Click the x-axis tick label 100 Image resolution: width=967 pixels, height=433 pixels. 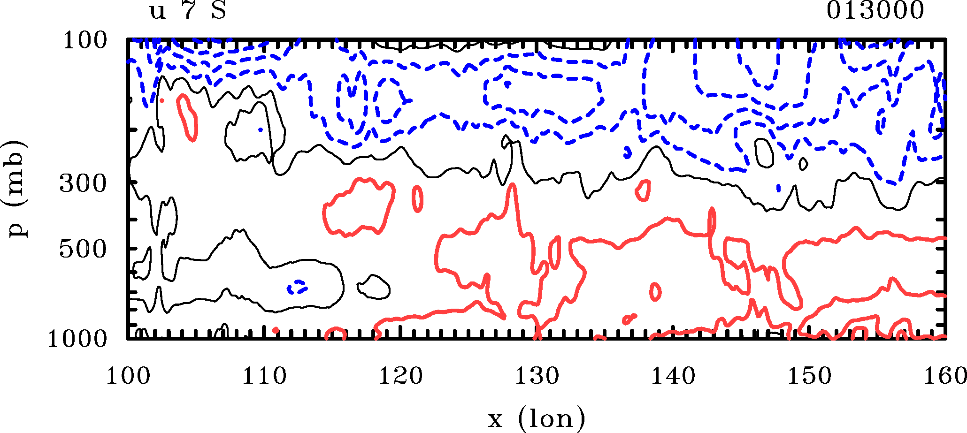128,376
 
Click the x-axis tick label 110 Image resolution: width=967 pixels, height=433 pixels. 264,376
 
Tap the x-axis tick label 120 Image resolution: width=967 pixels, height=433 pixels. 400,376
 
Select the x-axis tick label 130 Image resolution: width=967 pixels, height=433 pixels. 537,376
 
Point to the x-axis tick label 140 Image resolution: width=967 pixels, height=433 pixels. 673,376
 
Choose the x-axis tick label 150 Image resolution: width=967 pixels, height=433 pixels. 810,376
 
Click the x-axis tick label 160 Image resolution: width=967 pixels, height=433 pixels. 944,376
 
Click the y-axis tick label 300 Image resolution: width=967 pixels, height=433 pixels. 83,184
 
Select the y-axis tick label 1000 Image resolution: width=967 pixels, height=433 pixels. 77,339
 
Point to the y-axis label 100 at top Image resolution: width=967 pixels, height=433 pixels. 85,40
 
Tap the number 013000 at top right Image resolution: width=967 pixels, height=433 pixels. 875,11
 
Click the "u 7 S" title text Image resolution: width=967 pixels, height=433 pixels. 188,11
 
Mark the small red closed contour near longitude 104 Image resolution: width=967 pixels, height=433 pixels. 187,117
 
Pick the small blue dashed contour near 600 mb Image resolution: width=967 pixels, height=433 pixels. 297,286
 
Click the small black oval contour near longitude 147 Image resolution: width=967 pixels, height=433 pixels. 764,153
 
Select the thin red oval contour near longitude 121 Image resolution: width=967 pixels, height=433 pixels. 417,198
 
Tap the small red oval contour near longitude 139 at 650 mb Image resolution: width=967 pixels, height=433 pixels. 655,292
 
